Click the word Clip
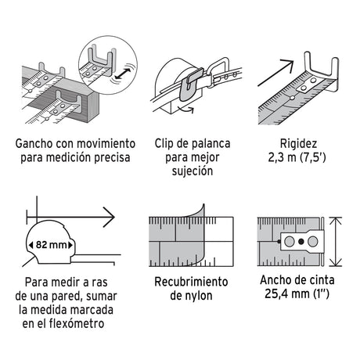pos(164,144)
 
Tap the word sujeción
pos(193,171)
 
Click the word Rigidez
pos(298,144)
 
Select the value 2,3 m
pos(282,157)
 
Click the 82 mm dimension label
pos(51,245)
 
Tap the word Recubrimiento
pos(191,282)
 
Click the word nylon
pos(199,296)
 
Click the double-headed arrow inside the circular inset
pos(123,74)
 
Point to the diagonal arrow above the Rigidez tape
pos(275,73)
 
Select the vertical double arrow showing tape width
pos(336,242)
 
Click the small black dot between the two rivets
pos(301,242)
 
